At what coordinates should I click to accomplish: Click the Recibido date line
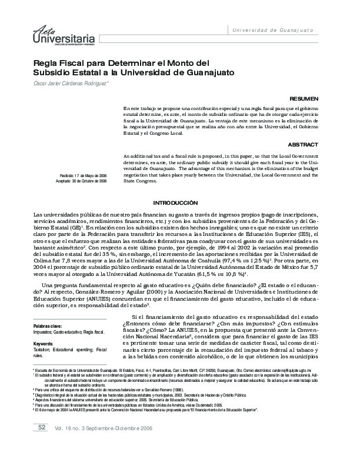(x=83, y=176)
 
